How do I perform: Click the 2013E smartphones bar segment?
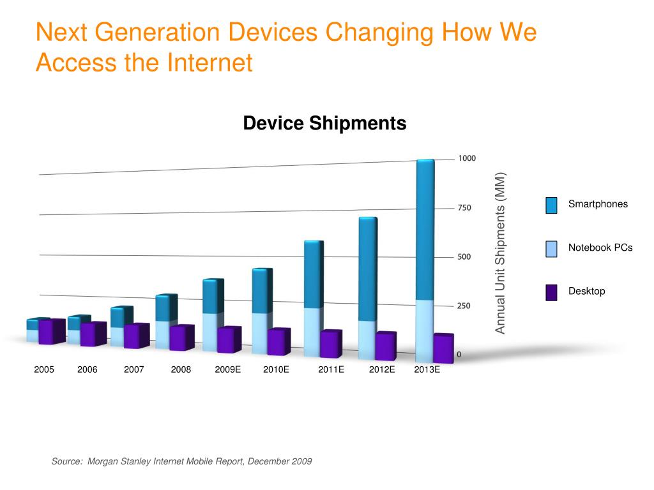point(425,230)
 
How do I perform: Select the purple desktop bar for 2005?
point(51,332)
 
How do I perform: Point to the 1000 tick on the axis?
point(467,158)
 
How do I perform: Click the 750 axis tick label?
point(464,208)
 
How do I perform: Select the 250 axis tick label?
point(464,306)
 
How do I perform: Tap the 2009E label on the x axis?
point(227,369)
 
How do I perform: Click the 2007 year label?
point(134,369)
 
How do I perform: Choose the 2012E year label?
point(382,369)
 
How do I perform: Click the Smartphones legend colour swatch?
point(552,205)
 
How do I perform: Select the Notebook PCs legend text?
point(600,248)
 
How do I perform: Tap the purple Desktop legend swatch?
point(552,292)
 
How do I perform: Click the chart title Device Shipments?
point(324,123)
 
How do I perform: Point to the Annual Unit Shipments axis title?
point(501,253)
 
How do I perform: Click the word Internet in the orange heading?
point(210,63)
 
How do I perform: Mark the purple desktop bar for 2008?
point(181,338)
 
